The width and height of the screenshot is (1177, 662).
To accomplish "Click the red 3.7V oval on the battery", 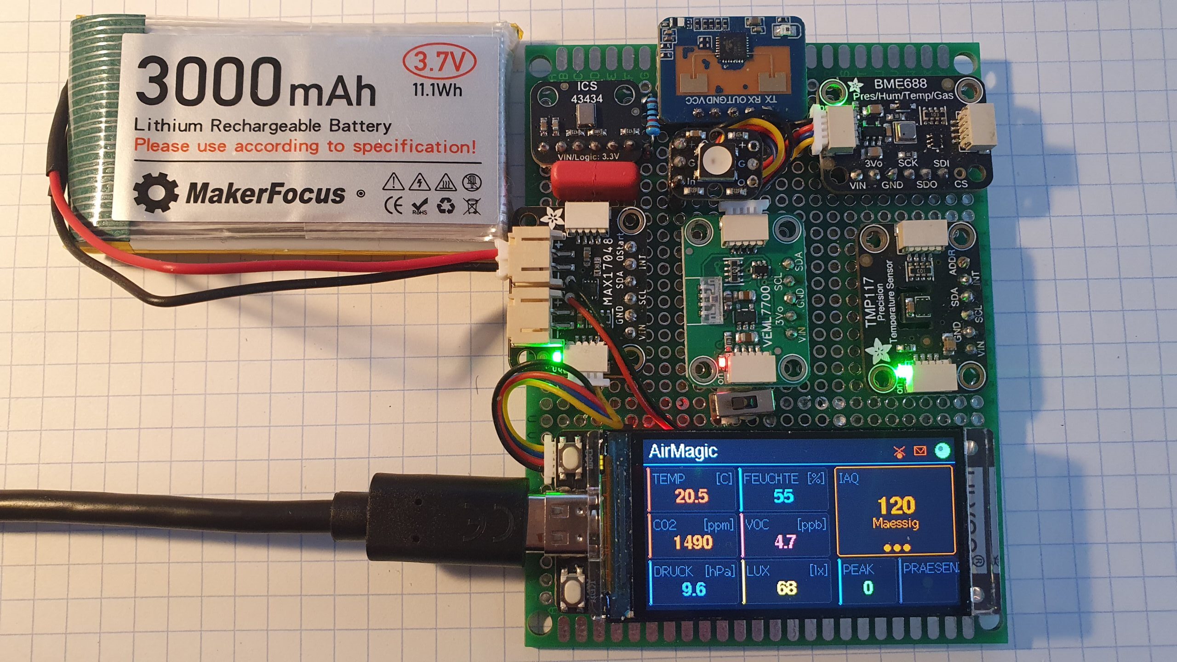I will coord(439,62).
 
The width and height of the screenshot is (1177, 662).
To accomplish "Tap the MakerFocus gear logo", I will coord(155,193).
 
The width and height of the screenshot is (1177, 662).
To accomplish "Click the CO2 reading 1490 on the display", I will coord(693,542).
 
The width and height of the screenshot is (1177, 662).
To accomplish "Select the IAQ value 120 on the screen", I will coord(896,506).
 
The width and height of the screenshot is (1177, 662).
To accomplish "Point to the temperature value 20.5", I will coord(691,496).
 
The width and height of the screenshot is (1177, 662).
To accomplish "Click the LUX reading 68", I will coord(786,588).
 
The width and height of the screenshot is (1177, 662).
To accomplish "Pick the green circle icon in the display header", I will coord(942,451).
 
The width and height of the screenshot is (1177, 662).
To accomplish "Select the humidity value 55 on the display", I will coord(783,496).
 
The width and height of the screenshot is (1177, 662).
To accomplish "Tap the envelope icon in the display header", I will coord(920,451).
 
